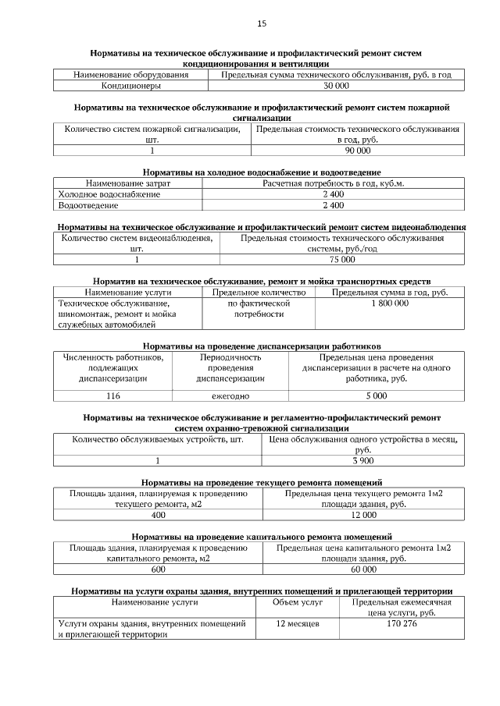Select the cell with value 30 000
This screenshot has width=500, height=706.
pyautogui.click(x=336, y=86)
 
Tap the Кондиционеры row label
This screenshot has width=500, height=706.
pyautogui.click(x=130, y=86)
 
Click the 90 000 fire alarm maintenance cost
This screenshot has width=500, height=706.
pyautogui.click(x=358, y=151)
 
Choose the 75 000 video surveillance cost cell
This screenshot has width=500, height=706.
pyautogui.click(x=342, y=260)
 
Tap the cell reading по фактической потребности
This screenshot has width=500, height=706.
pyautogui.click(x=259, y=308)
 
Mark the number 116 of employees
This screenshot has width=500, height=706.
pyautogui.click(x=113, y=396)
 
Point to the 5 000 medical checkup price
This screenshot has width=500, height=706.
pyautogui.click(x=376, y=396)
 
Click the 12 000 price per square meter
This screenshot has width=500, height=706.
pyautogui.click(x=364, y=515)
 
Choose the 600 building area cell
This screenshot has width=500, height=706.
pyautogui.click(x=159, y=569)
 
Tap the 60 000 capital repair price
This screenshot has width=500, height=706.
pyautogui.click(x=364, y=569)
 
